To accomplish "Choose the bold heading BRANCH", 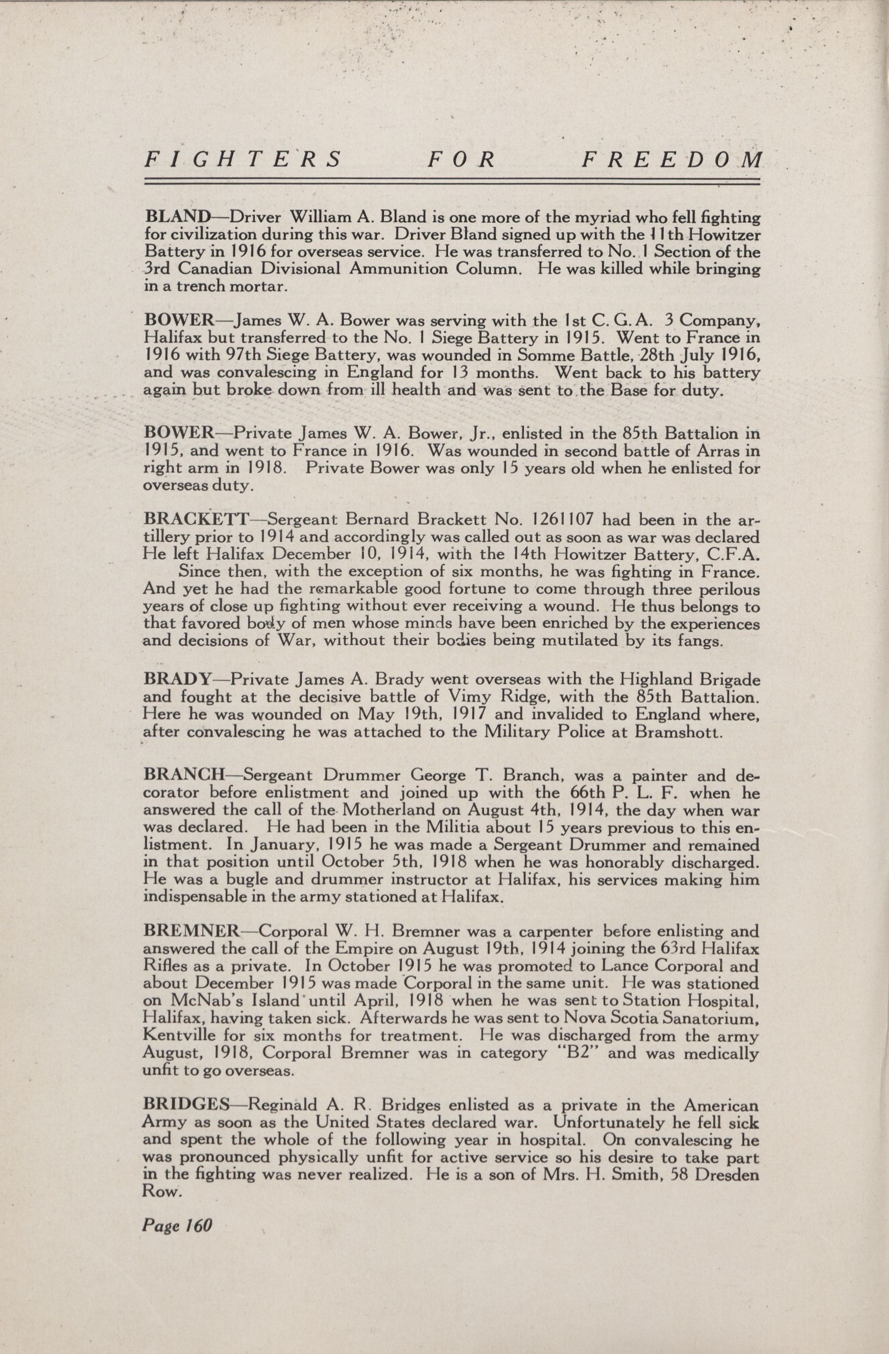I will point(184,776).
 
